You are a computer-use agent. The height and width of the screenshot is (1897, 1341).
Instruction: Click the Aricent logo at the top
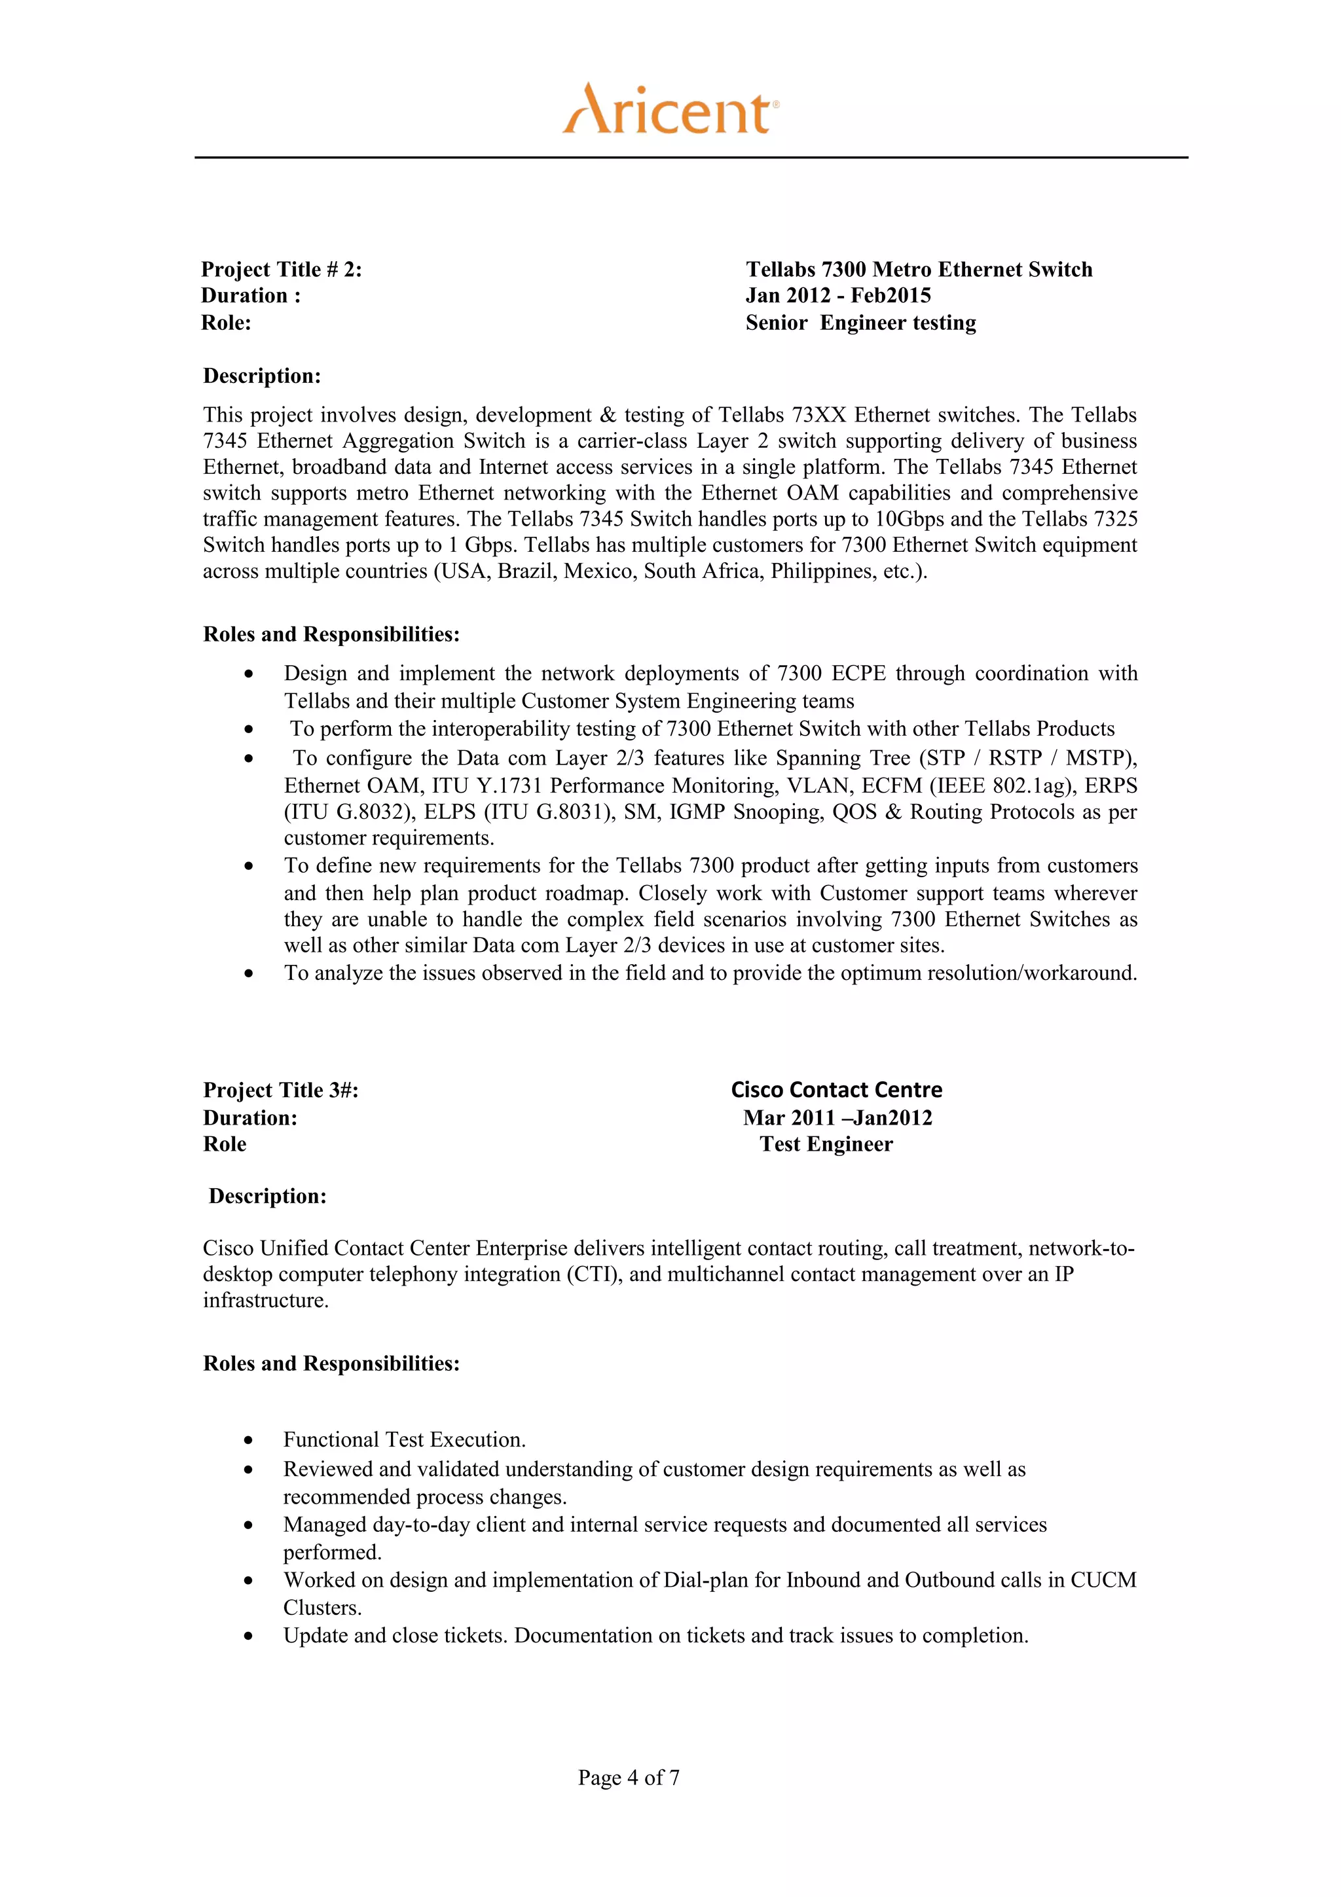670,109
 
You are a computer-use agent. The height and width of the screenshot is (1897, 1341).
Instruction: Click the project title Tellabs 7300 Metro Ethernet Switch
918,269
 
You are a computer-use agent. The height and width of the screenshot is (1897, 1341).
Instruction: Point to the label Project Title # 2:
281,269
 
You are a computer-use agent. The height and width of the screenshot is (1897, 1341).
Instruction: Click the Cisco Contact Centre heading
836,1090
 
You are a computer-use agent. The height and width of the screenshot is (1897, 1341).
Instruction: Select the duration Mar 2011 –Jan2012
836,1118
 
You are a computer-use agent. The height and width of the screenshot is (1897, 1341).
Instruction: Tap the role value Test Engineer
826,1144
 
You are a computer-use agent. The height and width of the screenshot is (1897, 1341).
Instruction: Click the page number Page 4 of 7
628,1777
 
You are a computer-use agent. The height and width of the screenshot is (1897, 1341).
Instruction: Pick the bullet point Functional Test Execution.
404,1440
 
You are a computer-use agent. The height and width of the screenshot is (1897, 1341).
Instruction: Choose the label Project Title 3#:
281,1091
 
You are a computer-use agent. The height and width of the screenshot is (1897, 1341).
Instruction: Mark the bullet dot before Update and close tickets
249,1636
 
